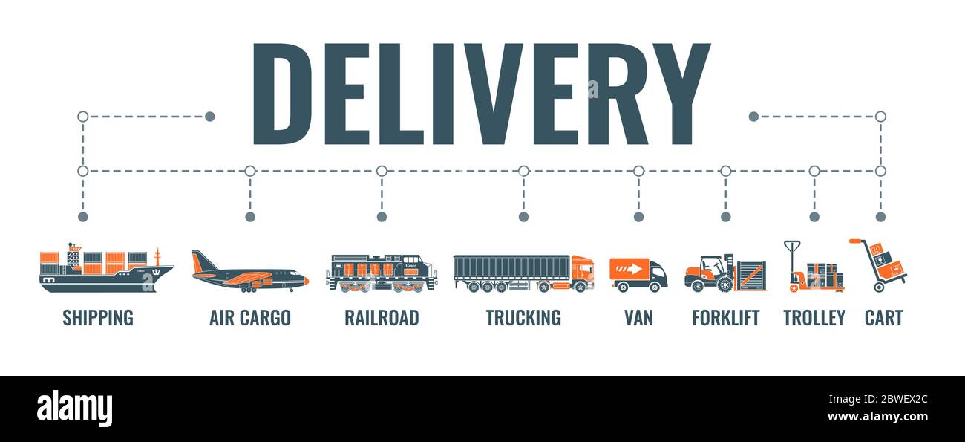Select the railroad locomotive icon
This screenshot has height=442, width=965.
coord(381,273)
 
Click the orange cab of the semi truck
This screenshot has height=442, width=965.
coord(582,273)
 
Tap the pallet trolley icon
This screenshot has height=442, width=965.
coord(814,268)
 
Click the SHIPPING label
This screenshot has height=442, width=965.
coord(98,318)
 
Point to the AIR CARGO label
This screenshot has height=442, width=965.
coord(249,318)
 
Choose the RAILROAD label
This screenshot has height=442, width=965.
coord(382,318)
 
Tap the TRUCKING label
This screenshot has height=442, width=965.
coord(523,318)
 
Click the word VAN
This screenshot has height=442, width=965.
coord(638,318)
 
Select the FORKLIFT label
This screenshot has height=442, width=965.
coord(725,318)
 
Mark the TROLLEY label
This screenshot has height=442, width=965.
coord(814,318)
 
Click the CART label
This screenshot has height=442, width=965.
coord(883,318)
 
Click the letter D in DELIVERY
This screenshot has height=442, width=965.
coord(282,94)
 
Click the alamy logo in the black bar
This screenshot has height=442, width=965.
coord(74,409)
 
